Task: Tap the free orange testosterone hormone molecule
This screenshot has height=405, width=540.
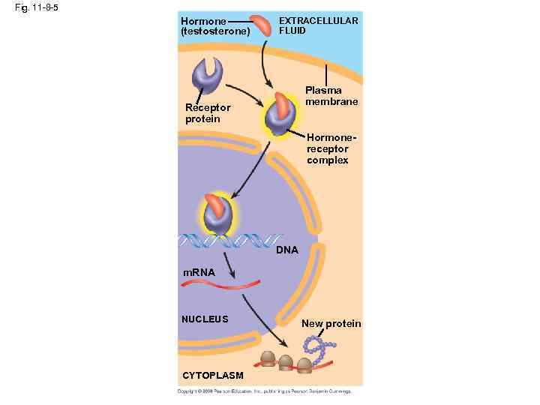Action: point(262,25)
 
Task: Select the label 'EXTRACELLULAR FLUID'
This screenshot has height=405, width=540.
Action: point(318,26)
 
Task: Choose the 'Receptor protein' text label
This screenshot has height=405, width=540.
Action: point(208,113)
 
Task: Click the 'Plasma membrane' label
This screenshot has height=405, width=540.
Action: point(331,96)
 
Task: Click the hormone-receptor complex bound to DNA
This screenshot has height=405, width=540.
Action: point(218,214)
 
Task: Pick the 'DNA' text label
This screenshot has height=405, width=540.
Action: point(286,250)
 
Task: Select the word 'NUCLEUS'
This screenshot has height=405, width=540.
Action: point(205,319)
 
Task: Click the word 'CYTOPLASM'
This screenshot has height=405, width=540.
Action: point(212,375)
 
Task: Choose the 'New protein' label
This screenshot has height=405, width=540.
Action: point(331,323)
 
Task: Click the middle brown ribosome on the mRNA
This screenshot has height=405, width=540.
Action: point(286,362)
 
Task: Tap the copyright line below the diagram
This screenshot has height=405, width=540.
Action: point(263,391)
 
